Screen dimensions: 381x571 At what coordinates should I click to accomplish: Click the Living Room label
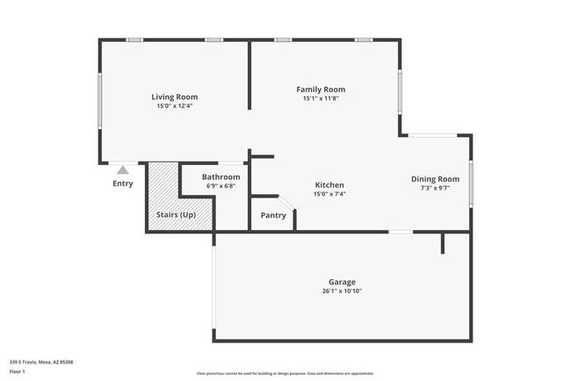[x=174, y=97]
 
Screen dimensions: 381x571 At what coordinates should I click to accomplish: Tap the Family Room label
[x=321, y=90]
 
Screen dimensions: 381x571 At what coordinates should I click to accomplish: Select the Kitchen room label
[x=329, y=185]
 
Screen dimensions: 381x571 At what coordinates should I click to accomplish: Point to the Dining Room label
[x=435, y=179]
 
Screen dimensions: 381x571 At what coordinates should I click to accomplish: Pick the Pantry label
[x=273, y=215]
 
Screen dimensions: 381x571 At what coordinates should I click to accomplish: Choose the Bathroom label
[x=220, y=177]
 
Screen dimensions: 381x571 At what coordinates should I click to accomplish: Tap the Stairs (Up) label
[x=176, y=214]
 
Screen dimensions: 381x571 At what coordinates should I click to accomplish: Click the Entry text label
[x=123, y=183]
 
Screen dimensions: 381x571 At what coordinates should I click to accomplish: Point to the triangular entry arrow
[x=123, y=169]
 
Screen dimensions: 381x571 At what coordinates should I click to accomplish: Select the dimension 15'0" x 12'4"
[x=174, y=106]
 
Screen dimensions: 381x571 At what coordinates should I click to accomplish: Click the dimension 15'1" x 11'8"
[x=321, y=98]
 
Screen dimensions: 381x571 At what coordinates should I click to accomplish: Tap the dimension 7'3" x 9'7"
[x=435, y=188]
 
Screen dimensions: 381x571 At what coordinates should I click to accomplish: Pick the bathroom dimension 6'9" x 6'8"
[x=220, y=186]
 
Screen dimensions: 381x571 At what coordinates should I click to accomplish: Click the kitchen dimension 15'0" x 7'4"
[x=329, y=194]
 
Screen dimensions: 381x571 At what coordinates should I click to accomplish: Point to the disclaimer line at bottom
[x=285, y=373]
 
